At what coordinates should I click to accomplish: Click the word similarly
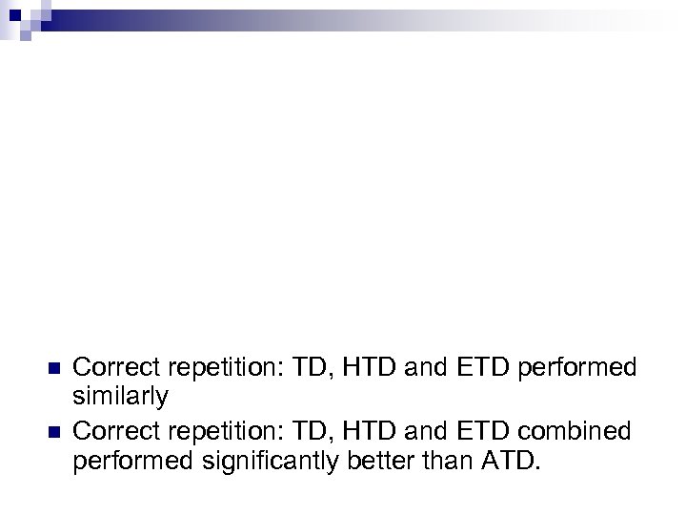120,396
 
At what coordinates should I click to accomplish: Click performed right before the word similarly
576,366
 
